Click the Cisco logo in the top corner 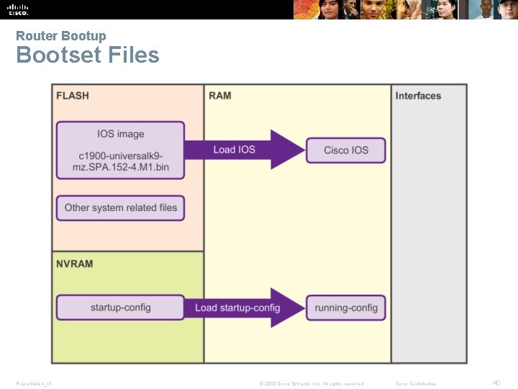(18, 9)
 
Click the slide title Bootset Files (87, 55)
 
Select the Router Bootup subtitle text (60, 36)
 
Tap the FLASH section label (73, 96)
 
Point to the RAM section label (219, 96)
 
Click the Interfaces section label (418, 96)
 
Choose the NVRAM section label (75, 264)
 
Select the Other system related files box (120, 207)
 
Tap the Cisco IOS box (345, 150)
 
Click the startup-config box (120, 308)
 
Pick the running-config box (345, 308)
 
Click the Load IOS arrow (245, 150)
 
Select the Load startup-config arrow (245, 308)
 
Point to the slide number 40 (496, 383)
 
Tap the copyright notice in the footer (311, 383)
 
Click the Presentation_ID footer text (34, 383)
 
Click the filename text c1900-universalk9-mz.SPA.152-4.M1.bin (120, 162)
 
